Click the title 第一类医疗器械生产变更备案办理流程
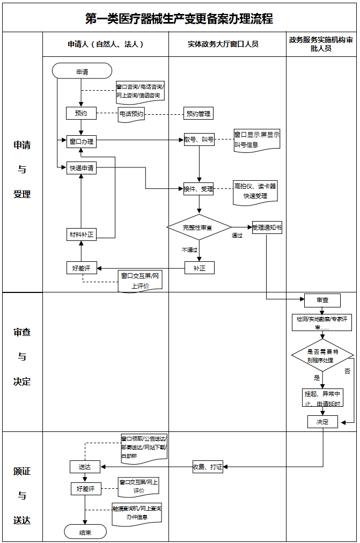[x=179, y=19]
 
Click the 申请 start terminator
[x=82, y=71]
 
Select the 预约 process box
[x=81, y=113]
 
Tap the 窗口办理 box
[x=81, y=142]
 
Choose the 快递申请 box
[x=81, y=168]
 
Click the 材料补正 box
[x=81, y=234]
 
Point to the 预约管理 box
[x=199, y=113]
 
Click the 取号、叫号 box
[x=199, y=140]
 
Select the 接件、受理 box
[x=199, y=189]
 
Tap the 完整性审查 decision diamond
[x=199, y=228]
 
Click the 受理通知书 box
[x=267, y=228]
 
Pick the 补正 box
[x=199, y=268]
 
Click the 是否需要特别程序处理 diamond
[x=322, y=356]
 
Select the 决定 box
[x=322, y=422]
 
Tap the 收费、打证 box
[x=208, y=467]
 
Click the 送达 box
[x=85, y=467]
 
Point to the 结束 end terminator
[x=85, y=532]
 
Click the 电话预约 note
[x=131, y=114]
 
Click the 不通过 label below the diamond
[x=189, y=250]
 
